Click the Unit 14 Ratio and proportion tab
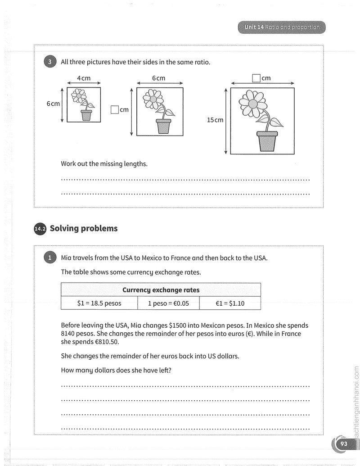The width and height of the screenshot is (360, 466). point(282,27)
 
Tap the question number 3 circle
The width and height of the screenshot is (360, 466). point(50,62)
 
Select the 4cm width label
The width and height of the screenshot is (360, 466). point(84,78)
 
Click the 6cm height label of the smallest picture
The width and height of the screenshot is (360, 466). point(53,104)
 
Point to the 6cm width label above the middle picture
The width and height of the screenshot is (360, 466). point(158,78)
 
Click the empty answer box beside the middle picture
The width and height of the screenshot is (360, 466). point(115,110)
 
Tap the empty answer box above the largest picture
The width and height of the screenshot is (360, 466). point(256,78)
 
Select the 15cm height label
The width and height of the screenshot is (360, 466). point(215,120)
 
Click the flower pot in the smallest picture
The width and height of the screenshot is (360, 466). point(86,115)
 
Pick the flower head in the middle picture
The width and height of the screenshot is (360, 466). point(153,99)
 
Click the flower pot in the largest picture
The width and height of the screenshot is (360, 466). point(267,141)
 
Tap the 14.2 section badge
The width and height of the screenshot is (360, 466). point(40,229)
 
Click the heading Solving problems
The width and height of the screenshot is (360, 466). point(84,228)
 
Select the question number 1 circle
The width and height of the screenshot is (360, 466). point(50,258)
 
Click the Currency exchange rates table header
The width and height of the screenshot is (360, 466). point(161,290)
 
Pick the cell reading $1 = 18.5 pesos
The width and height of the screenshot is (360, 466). point(99,303)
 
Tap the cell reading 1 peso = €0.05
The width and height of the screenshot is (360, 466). point(168,303)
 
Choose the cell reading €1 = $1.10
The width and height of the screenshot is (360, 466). point(230,303)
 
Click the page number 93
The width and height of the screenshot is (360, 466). point(344,443)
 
